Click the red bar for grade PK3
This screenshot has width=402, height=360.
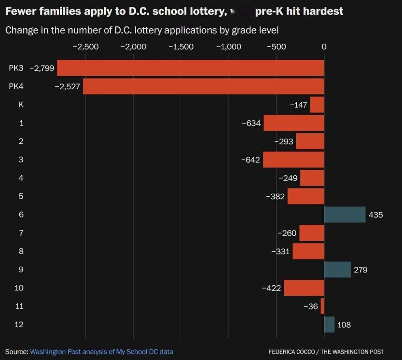coord(190,68)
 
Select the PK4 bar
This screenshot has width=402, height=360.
coord(203,86)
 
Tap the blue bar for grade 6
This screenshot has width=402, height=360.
coord(345,215)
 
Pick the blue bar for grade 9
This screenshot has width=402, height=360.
coord(337,270)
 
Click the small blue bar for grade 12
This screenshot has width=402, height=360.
coord(329,325)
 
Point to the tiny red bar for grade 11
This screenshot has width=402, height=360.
coord(322,306)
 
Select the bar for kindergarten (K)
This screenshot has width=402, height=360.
coord(317,105)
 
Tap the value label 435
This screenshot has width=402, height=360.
coord(376,215)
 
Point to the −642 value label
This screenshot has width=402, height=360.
coord(250,160)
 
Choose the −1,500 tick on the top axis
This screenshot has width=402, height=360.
coord(181,47)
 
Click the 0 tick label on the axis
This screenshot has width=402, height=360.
coord(324,47)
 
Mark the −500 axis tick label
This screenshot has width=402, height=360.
coord(276,47)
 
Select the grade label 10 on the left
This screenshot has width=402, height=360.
coord(19,288)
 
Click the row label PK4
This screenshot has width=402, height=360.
coord(16,86)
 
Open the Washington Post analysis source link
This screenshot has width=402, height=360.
coord(101,351)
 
